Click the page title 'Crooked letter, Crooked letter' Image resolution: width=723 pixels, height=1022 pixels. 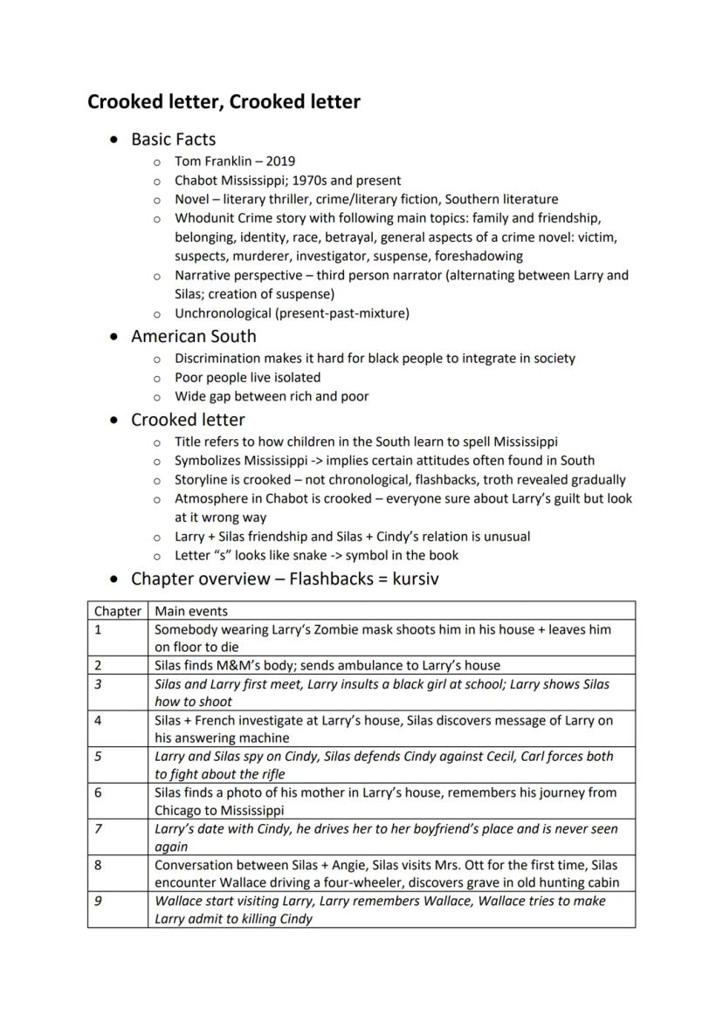pyautogui.click(x=224, y=102)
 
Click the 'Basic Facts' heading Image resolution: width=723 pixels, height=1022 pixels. pyautogui.click(x=173, y=140)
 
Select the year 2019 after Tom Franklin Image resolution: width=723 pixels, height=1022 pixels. pyautogui.click(x=280, y=161)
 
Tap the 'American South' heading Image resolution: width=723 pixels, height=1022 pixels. pyautogui.click(x=193, y=336)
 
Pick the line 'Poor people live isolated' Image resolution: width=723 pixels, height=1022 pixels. pyautogui.click(x=247, y=378)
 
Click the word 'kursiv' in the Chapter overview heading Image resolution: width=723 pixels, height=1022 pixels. pyautogui.click(x=424, y=579)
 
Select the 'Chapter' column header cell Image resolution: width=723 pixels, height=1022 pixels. pyautogui.click(x=117, y=611)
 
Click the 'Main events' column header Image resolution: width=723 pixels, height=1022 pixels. pyautogui.click(x=190, y=611)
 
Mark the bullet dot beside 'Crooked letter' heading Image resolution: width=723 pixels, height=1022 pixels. pyautogui.click(x=114, y=421)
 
